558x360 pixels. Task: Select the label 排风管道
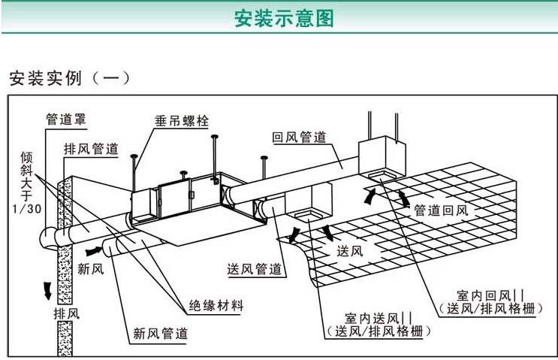[91, 149]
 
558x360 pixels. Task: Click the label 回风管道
[298, 138]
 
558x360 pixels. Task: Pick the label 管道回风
[441, 210]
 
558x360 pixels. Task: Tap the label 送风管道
[254, 269]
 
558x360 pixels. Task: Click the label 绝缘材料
[216, 306]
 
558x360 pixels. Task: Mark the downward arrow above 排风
[50, 288]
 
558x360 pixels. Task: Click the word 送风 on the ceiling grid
[349, 250]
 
